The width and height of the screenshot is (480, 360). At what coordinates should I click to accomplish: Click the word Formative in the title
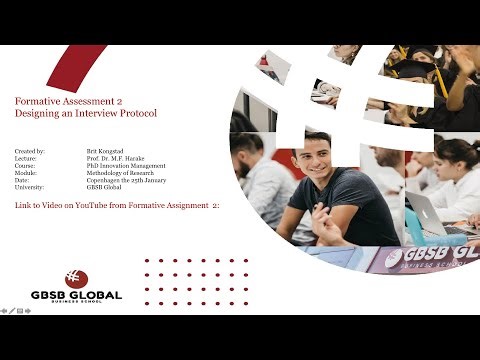tap(39, 101)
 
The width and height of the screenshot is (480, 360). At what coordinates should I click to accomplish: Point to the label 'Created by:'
tap(31, 150)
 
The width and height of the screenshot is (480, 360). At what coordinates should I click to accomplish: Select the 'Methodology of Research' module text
tap(119, 172)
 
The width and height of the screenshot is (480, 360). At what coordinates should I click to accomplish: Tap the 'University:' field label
tap(31, 187)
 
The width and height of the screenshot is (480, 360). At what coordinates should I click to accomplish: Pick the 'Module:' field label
tap(28, 172)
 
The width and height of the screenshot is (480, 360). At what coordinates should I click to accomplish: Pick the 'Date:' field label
tap(25, 180)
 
